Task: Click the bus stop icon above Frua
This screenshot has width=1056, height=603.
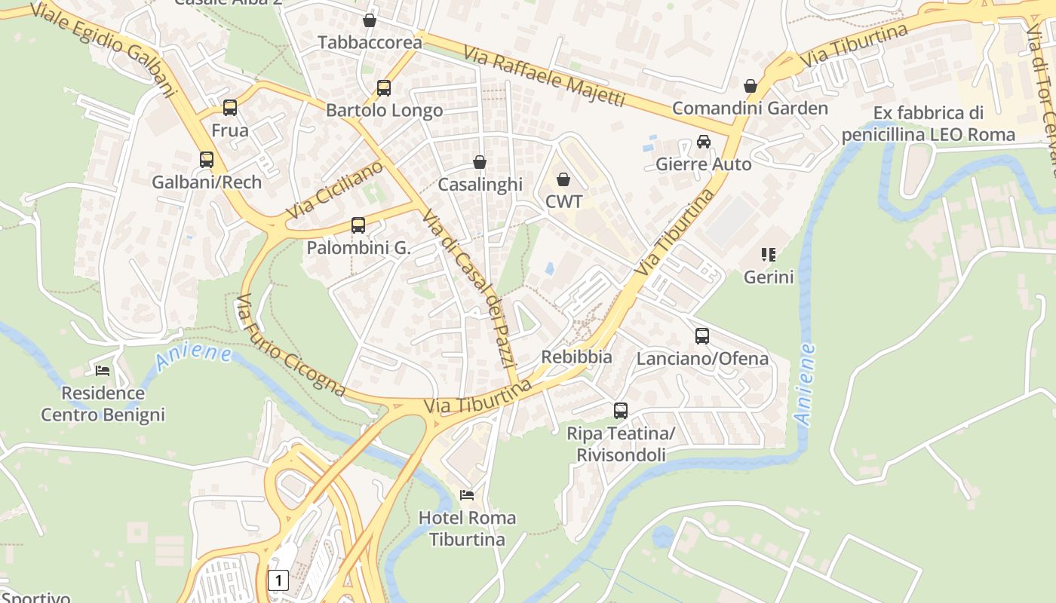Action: click(230, 108)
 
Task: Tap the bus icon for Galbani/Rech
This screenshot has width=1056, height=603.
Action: click(207, 160)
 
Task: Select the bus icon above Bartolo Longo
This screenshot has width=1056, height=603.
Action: click(384, 88)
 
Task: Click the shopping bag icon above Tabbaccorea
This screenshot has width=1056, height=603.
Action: click(370, 20)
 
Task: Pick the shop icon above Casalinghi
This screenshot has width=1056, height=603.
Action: click(480, 162)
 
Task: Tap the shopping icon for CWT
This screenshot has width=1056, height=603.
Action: click(563, 179)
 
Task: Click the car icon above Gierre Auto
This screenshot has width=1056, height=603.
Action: click(704, 142)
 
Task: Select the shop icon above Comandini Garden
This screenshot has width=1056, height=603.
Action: click(751, 86)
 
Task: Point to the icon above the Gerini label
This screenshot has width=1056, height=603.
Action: click(769, 255)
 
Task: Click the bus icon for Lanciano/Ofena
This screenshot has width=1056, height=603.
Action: click(702, 336)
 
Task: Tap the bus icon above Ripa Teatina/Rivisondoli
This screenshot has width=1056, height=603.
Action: click(621, 411)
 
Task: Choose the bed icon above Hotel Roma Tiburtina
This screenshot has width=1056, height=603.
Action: click(467, 495)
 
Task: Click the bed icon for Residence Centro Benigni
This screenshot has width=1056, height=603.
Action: click(103, 370)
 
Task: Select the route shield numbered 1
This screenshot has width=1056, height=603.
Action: click(278, 580)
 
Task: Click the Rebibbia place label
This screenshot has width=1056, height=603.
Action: click(577, 357)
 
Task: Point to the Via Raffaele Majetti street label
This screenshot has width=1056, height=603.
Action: click(544, 77)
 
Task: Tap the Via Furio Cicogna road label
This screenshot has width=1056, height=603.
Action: click(290, 345)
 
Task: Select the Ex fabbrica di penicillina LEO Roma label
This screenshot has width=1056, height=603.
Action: click(929, 124)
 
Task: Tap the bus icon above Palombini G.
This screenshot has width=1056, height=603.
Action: click(358, 225)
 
